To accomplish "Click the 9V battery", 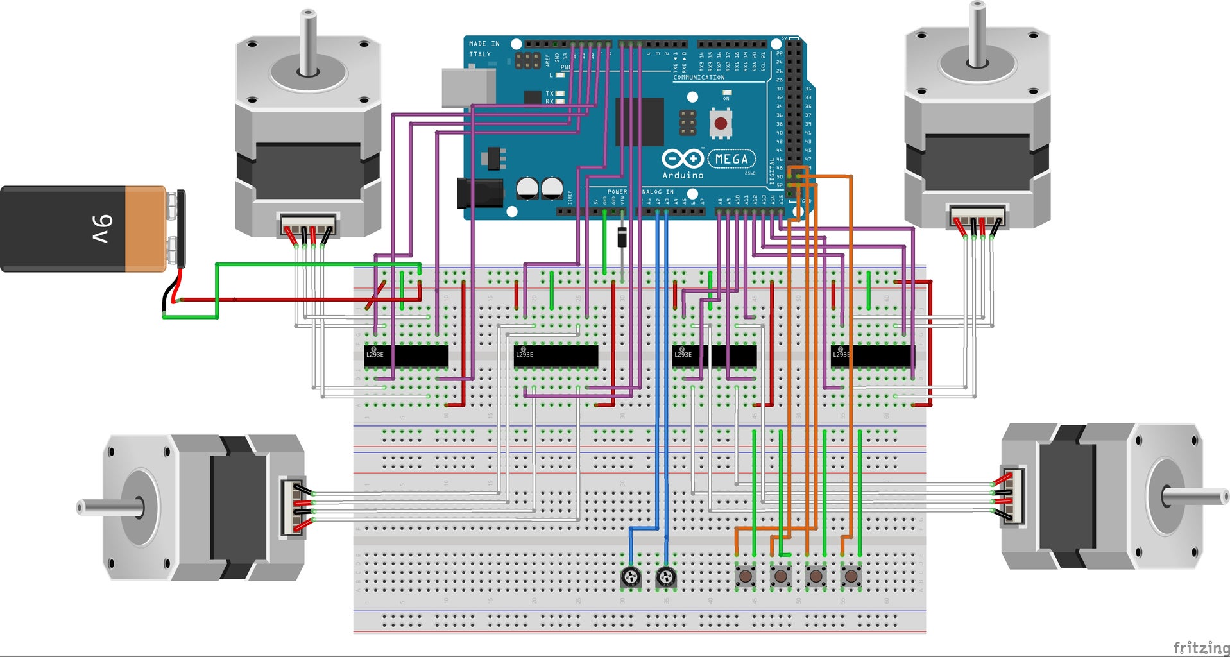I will [x=90, y=229].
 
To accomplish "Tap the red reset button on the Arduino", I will [x=721, y=123].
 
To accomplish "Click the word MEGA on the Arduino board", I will [x=731, y=158].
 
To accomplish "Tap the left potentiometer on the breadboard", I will [x=631, y=577].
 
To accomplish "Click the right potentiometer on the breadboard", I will [x=666, y=577].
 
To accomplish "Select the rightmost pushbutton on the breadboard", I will [x=851, y=576].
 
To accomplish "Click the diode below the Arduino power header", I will [x=622, y=238].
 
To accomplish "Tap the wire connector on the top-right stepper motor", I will [x=977, y=217].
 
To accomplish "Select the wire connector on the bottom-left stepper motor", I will [x=292, y=507].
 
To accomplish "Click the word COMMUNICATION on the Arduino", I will [x=699, y=78].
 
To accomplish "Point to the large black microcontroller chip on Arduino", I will [x=639, y=122].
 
